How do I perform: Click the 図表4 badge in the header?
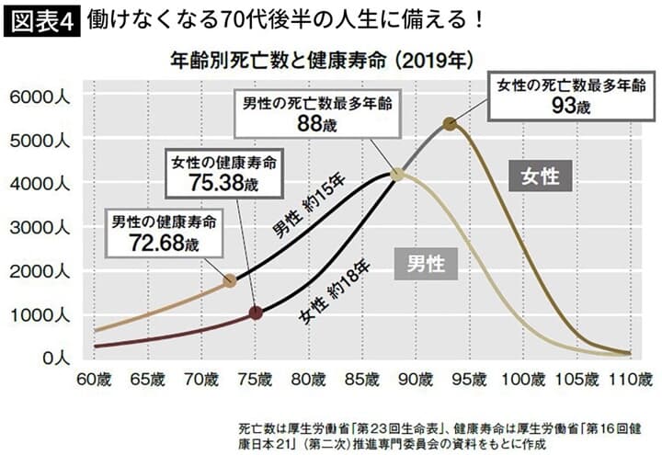click(41, 18)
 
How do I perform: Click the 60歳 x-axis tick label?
click(95, 378)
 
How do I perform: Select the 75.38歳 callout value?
click(223, 183)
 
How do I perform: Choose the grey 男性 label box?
click(426, 264)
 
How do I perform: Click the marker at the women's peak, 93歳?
click(450, 124)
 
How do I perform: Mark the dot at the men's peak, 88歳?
click(396, 174)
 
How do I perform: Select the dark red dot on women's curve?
click(256, 313)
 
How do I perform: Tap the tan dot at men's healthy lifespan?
click(230, 281)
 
